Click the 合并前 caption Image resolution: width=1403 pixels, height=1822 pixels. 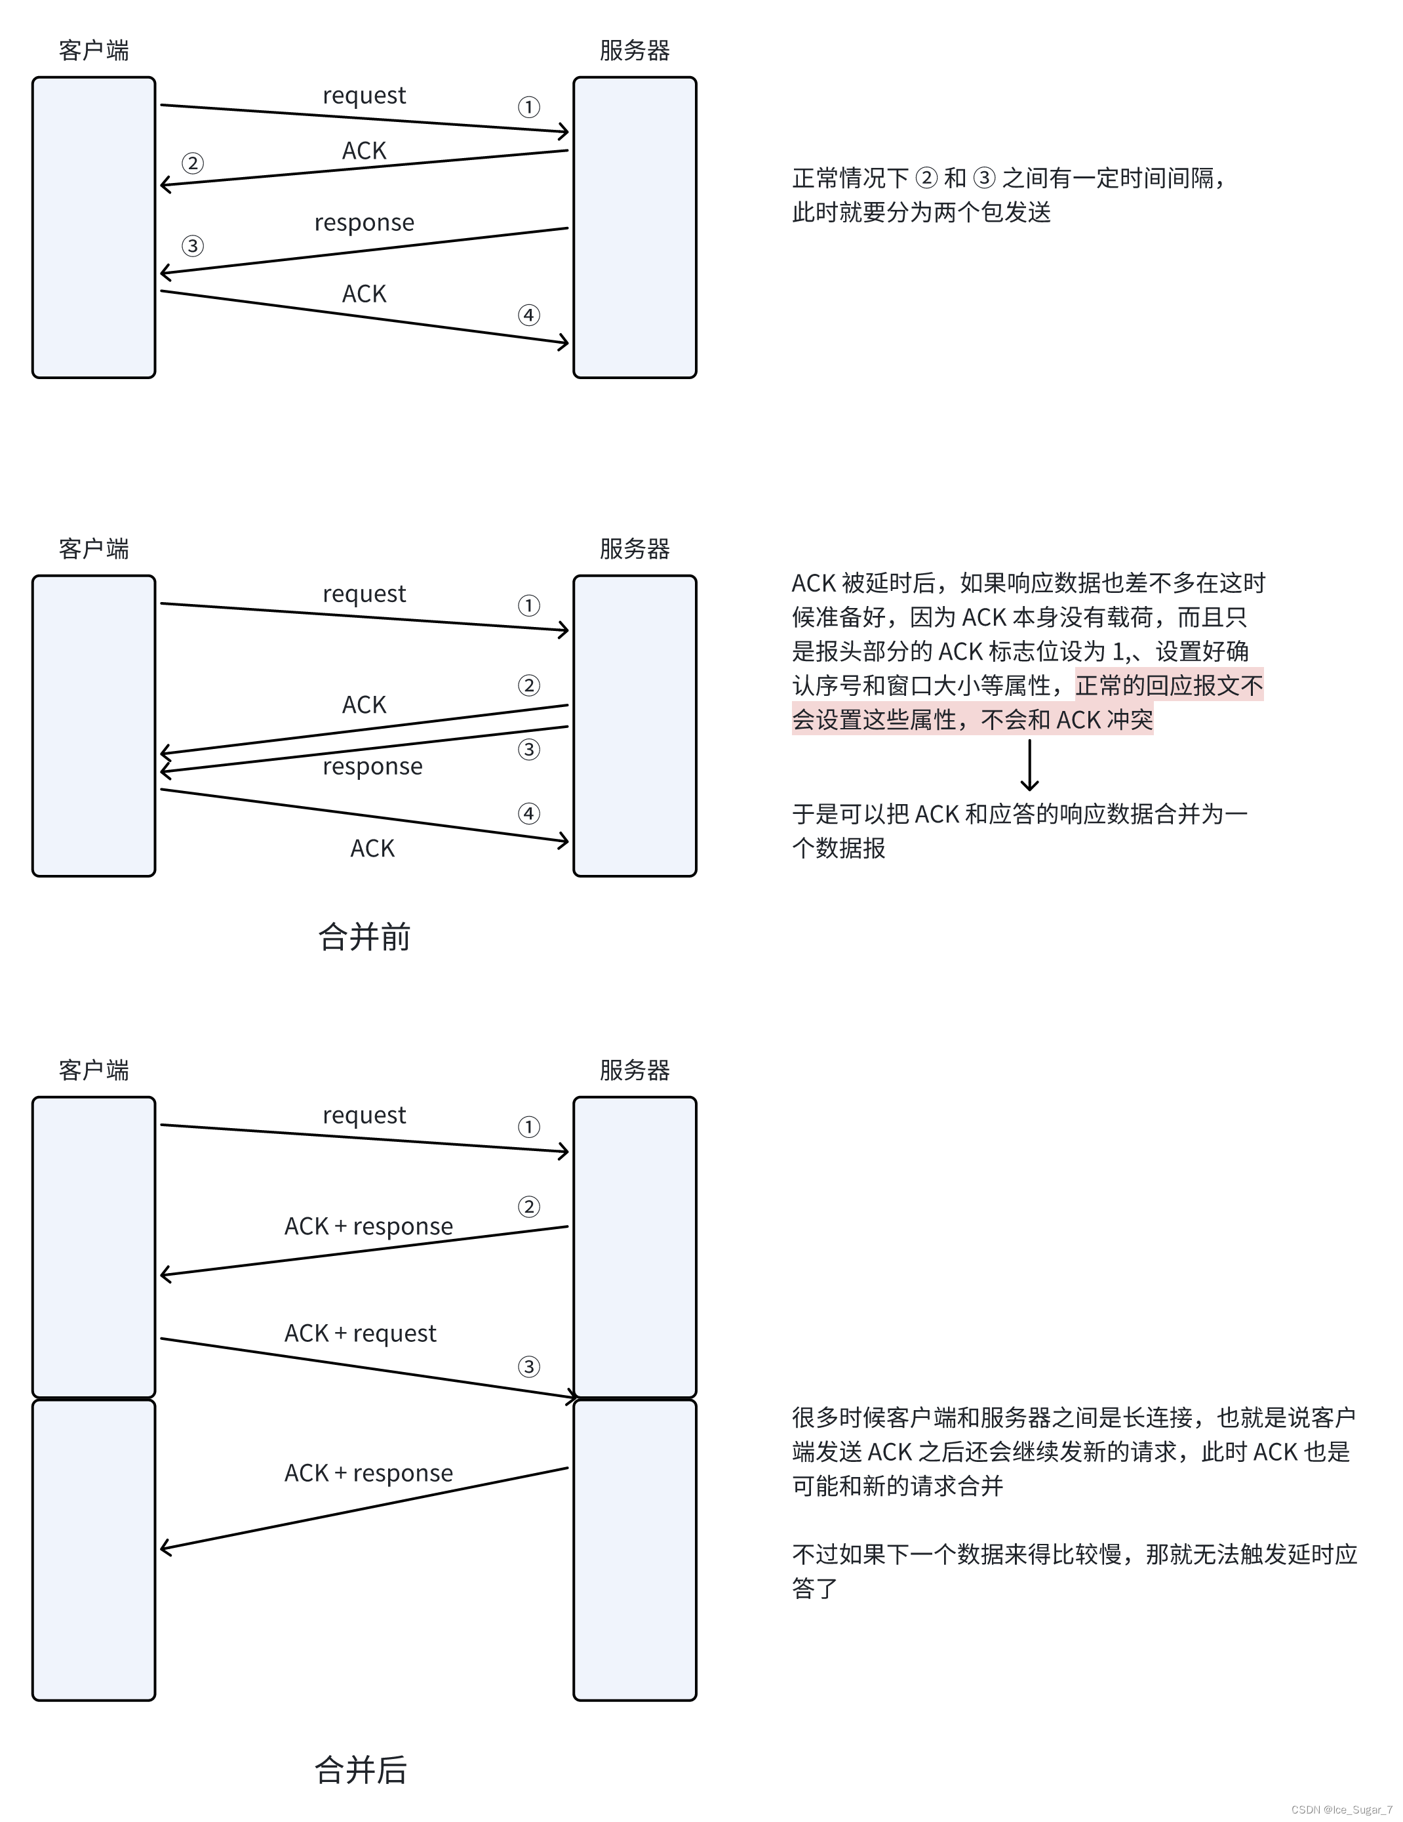(x=364, y=937)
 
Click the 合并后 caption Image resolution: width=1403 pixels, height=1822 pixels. (x=361, y=1770)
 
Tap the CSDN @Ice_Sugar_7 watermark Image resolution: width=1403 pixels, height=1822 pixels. (x=1341, y=1810)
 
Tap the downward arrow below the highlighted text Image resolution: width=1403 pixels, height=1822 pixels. (x=1029, y=765)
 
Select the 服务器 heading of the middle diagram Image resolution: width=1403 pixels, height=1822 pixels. (x=634, y=549)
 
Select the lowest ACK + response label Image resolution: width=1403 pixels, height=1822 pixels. (x=368, y=1473)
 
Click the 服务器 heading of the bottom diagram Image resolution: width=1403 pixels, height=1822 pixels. (x=634, y=1070)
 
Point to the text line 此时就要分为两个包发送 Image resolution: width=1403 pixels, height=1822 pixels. (x=921, y=213)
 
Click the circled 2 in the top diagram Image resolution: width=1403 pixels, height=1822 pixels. (x=193, y=163)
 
